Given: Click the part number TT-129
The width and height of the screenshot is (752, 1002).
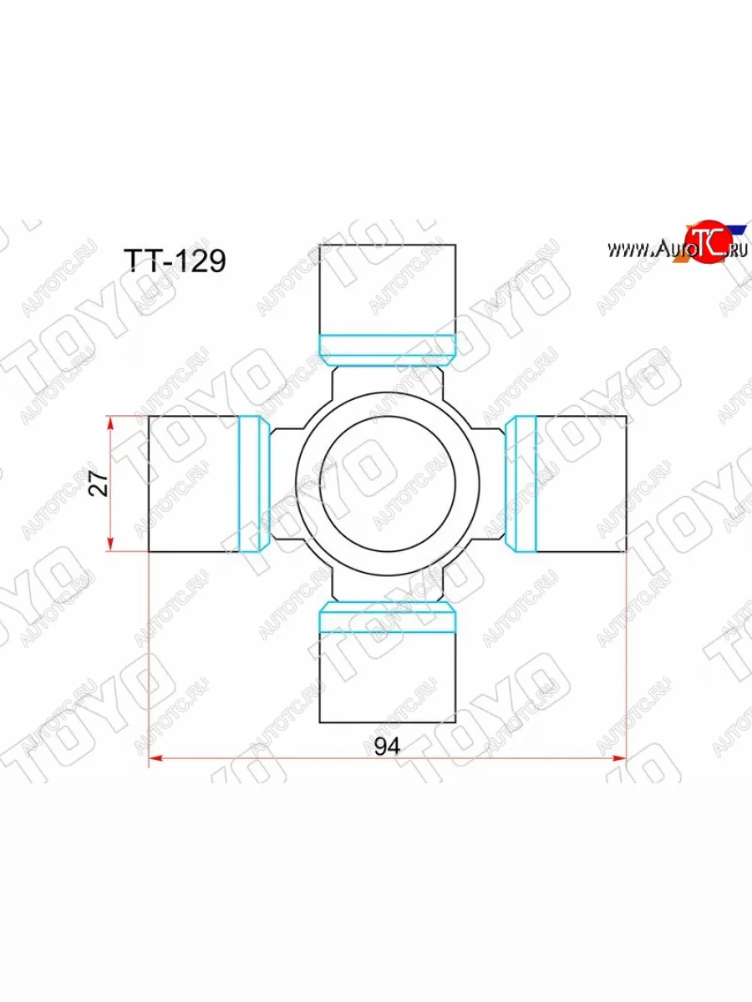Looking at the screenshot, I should pos(175,261).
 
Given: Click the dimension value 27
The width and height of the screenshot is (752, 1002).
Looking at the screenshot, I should pos(99,483).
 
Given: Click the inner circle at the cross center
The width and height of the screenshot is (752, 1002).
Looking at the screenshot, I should pos(387,483).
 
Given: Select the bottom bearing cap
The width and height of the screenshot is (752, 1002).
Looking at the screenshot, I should pos(388,676).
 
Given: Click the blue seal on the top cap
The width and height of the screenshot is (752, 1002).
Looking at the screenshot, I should pos(388,349).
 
